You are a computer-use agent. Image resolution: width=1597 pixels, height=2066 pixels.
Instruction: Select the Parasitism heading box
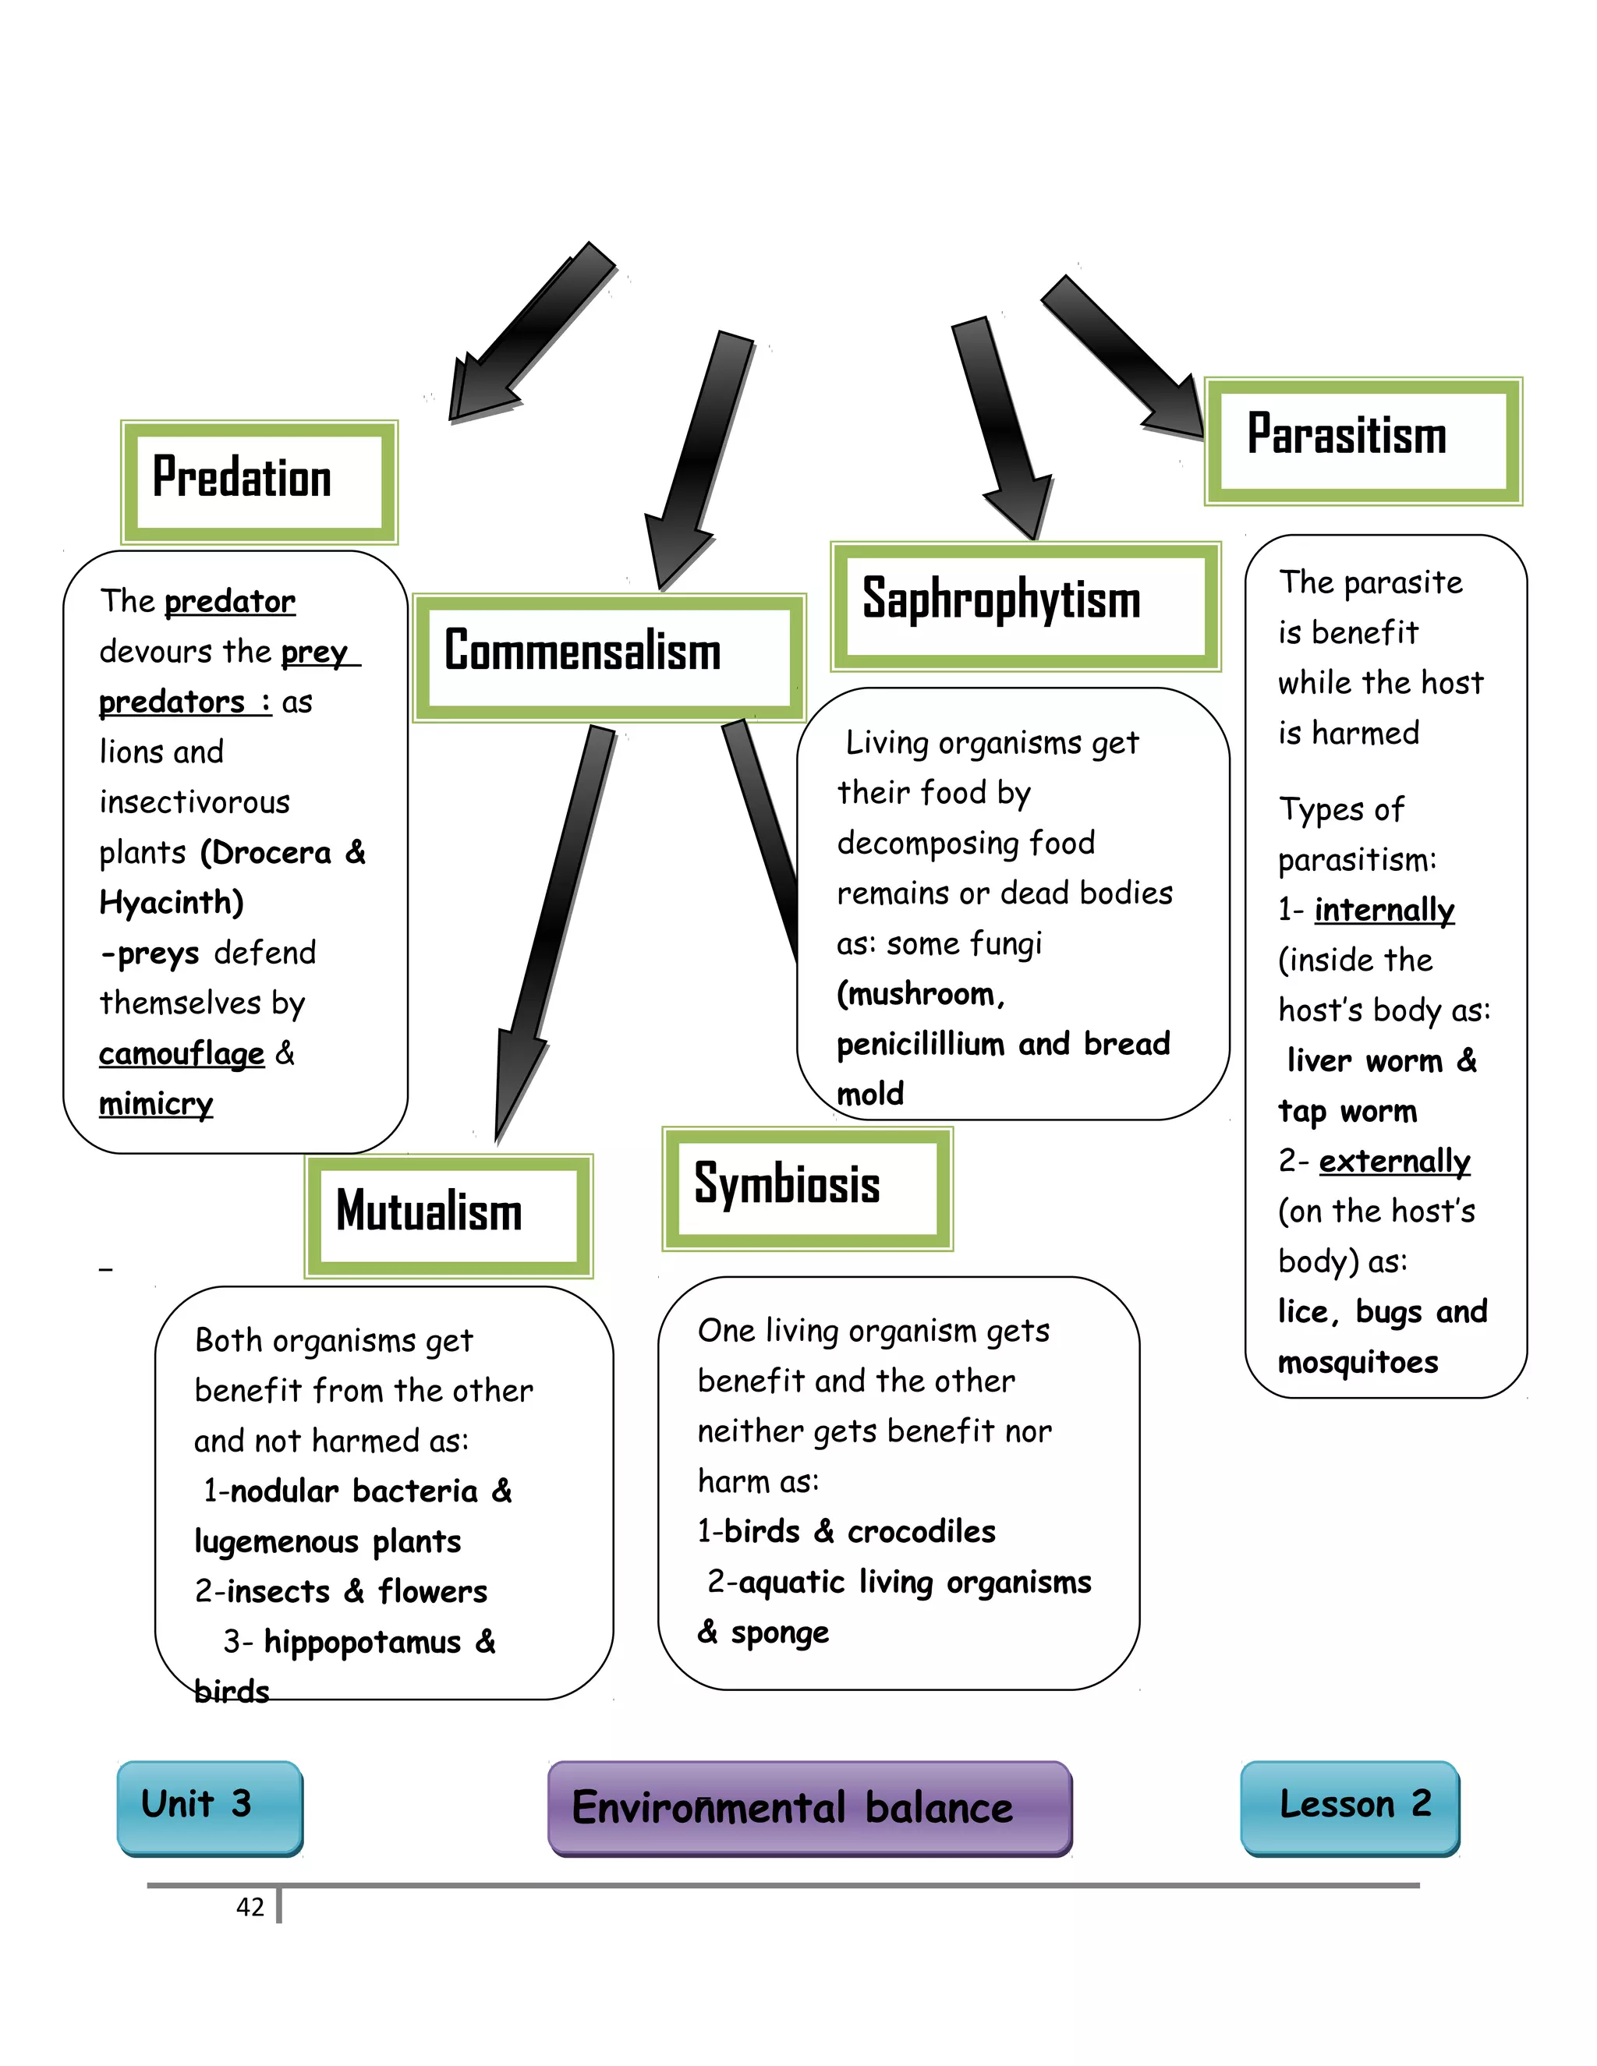click(x=1362, y=440)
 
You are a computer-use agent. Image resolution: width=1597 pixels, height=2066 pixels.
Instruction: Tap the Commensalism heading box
click(x=608, y=657)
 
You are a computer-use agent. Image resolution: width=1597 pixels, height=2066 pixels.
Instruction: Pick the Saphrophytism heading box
click(x=1025, y=607)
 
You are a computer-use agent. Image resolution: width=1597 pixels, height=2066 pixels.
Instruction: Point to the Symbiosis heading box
click(x=807, y=1188)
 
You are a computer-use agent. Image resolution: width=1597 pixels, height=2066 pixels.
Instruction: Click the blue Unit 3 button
click(x=209, y=1807)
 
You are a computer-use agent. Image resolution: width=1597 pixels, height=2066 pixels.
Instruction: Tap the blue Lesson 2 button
click(x=1349, y=1807)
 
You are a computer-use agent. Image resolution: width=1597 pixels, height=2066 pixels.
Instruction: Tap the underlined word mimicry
click(x=156, y=1104)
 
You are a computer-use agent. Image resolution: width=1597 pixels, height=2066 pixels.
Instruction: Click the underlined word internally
click(x=1384, y=910)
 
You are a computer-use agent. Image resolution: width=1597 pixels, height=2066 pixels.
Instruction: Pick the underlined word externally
click(x=1394, y=1162)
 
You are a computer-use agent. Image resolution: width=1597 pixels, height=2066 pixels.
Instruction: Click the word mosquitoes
click(x=1358, y=1363)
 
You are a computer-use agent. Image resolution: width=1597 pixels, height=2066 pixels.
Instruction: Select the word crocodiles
click(x=921, y=1531)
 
